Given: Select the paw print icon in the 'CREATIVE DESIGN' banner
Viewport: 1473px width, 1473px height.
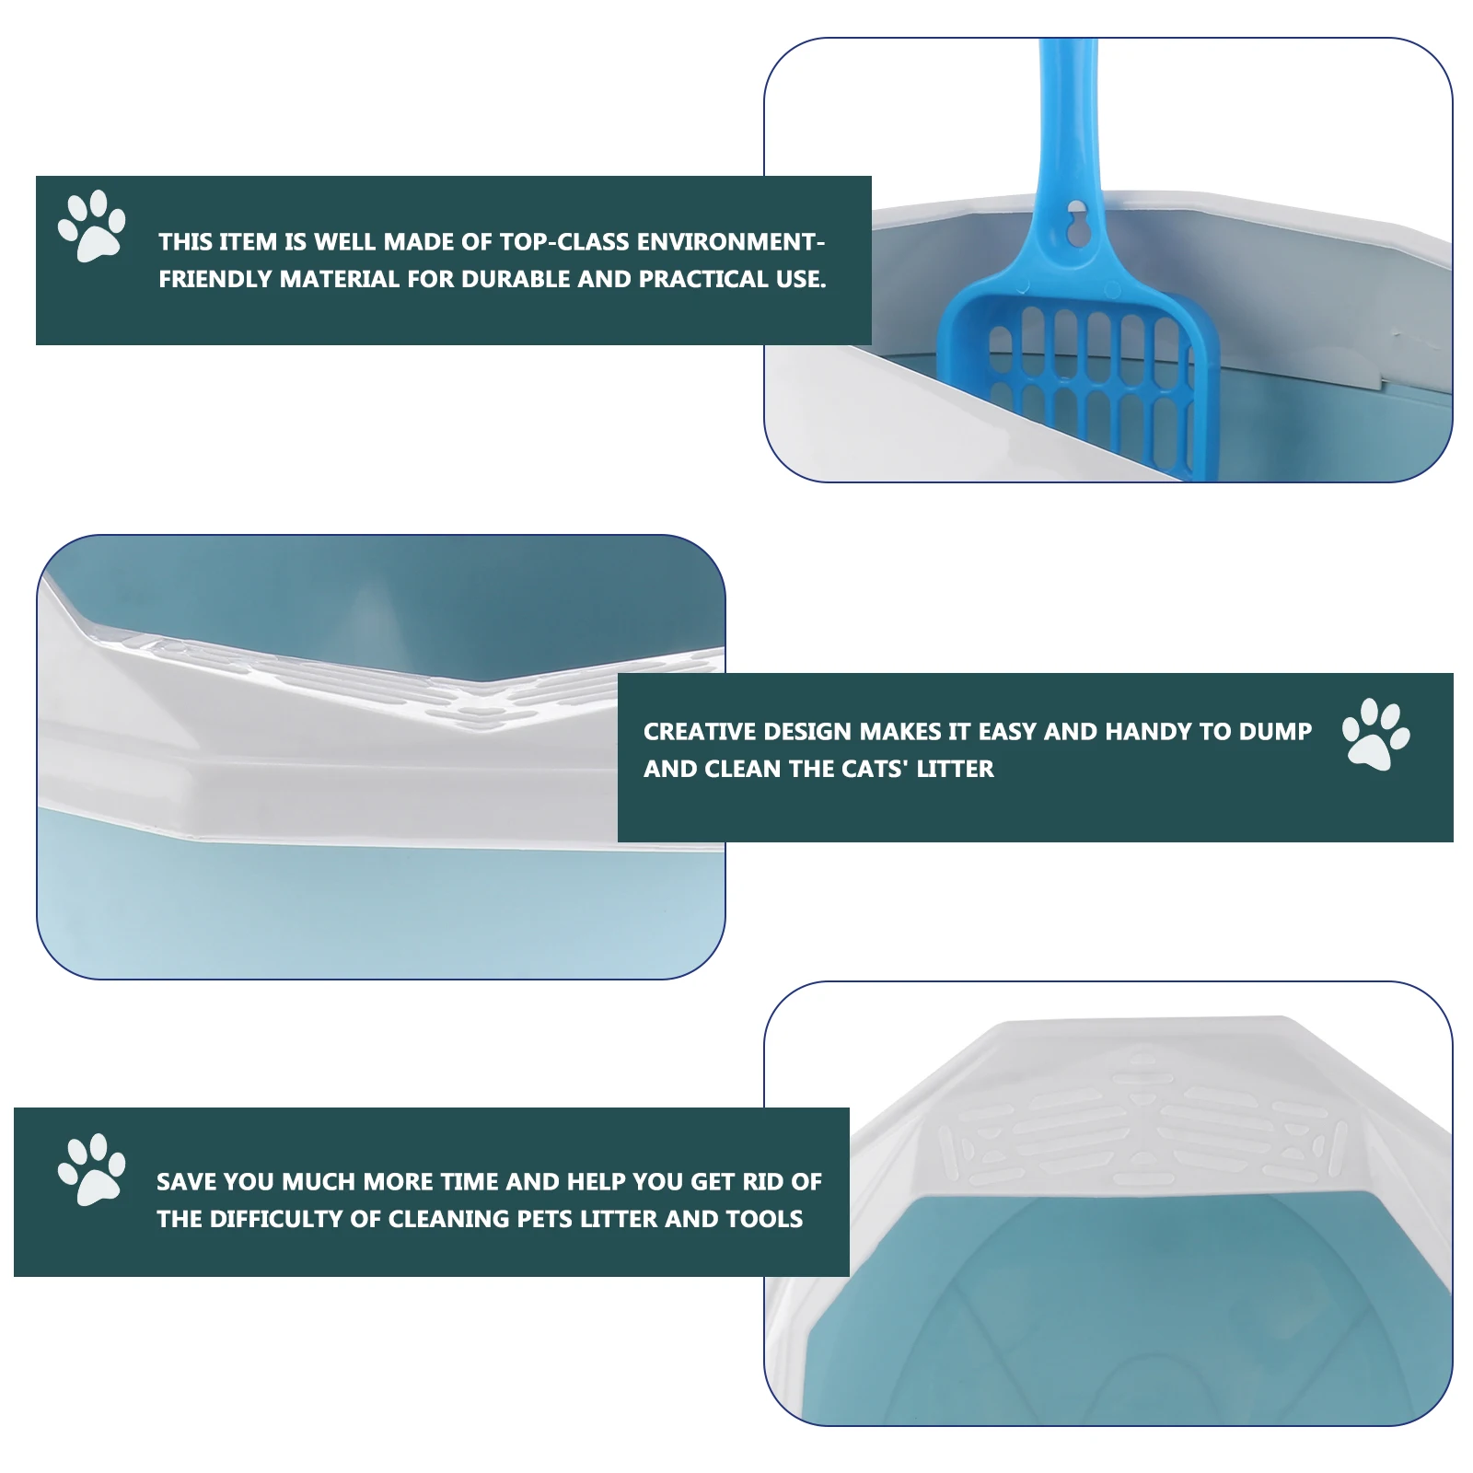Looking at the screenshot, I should [x=1375, y=734].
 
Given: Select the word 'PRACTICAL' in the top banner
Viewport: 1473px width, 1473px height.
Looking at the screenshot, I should [x=704, y=280].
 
